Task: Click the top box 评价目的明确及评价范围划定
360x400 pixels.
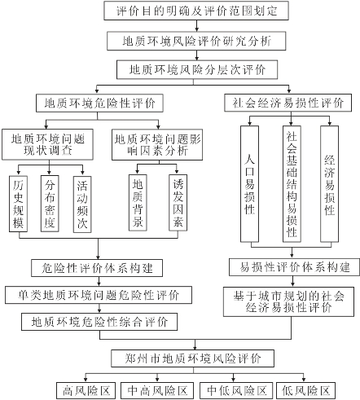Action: [x=196, y=11]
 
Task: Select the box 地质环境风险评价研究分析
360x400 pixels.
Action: [x=196, y=41]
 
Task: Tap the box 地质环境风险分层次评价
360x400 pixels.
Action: [x=197, y=70]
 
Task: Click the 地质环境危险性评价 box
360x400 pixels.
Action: [x=99, y=103]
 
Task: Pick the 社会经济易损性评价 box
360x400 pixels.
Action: [x=288, y=103]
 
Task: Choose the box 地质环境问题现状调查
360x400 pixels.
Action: [x=48, y=144]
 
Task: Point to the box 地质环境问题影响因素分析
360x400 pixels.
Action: [x=157, y=144]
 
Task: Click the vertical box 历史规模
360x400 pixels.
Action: [x=18, y=204]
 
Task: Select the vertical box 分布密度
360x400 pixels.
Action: [x=50, y=204]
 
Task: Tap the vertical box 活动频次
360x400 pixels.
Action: [x=82, y=204]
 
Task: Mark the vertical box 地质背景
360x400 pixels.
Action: [x=138, y=203]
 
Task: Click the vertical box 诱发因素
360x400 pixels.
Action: [x=178, y=203]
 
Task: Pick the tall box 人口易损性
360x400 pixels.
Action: [x=249, y=184]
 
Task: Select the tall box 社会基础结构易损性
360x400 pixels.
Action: [x=292, y=184]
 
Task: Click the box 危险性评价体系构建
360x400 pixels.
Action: [x=97, y=268]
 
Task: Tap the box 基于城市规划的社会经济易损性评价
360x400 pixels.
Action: [x=288, y=301]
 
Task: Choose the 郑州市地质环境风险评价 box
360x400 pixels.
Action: [x=192, y=358]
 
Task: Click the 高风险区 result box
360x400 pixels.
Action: [x=86, y=391]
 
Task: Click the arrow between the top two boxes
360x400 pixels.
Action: [x=196, y=26]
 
